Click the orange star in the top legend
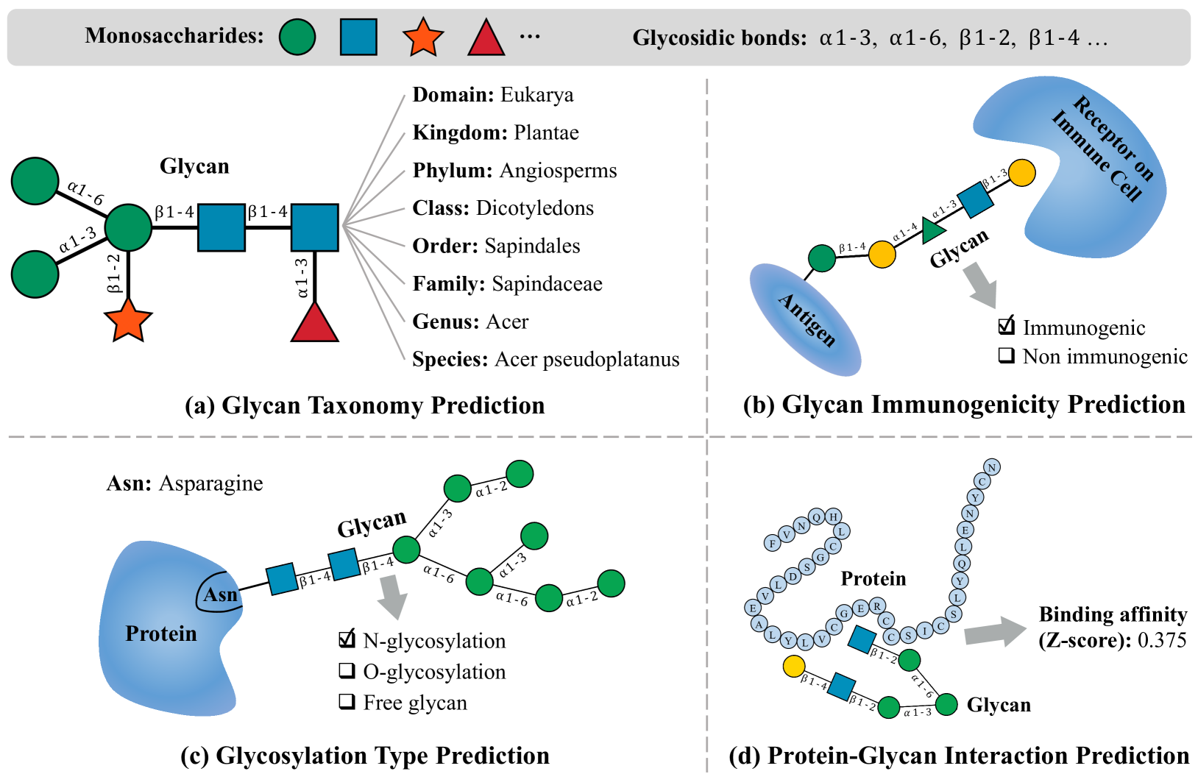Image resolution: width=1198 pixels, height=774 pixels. (423, 38)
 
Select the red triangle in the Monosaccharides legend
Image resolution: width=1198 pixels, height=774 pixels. (486, 39)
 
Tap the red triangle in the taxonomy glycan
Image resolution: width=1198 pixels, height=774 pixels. (315, 324)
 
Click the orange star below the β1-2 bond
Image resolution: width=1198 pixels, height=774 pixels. (128, 321)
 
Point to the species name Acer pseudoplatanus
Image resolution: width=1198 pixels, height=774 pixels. (586, 359)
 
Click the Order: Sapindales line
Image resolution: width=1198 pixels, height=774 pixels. (496, 246)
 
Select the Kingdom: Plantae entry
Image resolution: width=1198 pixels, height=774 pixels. (495, 132)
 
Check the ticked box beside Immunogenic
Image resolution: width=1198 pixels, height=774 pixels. (1007, 326)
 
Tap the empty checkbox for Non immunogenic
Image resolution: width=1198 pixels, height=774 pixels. (1006, 355)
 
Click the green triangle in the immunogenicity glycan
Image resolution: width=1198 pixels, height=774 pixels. (932, 230)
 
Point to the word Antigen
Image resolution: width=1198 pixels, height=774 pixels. (807, 320)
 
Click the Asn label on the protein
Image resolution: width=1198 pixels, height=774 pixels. (220, 594)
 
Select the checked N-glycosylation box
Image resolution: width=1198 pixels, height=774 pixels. (347, 639)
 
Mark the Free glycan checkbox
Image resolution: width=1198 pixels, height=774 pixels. (347, 701)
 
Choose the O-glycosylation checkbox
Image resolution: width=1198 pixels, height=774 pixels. (347, 670)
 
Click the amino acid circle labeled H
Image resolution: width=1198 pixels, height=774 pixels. (833, 516)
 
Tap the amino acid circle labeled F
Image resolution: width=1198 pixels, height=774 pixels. (772, 544)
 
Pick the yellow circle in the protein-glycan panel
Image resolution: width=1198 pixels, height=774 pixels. (793, 667)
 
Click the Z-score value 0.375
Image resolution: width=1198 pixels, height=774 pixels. (1162, 640)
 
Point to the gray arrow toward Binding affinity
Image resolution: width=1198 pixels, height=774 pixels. (994, 632)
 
